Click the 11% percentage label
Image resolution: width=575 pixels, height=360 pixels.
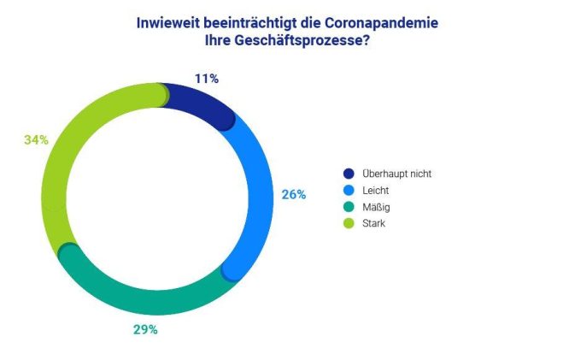208,79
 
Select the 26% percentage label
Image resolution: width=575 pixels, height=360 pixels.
293,194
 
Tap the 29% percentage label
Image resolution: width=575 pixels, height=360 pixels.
145,329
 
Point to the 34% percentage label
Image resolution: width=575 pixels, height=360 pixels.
36,139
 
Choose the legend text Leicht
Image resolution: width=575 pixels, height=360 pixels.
377,190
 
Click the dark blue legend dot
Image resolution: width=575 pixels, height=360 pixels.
347,173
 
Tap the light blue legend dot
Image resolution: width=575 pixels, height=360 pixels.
347,190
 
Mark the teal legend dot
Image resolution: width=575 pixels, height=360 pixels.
347,206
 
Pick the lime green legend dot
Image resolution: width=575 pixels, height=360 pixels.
347,223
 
